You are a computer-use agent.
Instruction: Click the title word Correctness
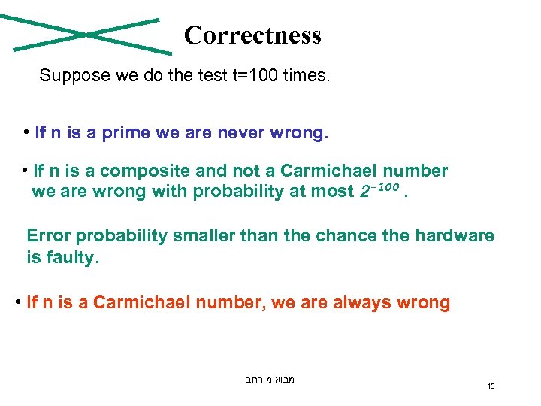pyautogui.click(x=252, y=35)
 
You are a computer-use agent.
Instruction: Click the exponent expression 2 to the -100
pyautogui.click(x=376, y=192)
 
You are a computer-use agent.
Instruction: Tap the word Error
pyautogui.click(x=48, y=235)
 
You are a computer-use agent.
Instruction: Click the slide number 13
pyautogui.click(x=491, y=386)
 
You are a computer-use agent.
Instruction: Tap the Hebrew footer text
pyautogui.click(x=270, y=380)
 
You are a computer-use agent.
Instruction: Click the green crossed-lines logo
pyautogui.click(x=87, y=35)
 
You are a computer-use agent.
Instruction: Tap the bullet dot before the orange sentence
pyautogui.click(x=17, y=303)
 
